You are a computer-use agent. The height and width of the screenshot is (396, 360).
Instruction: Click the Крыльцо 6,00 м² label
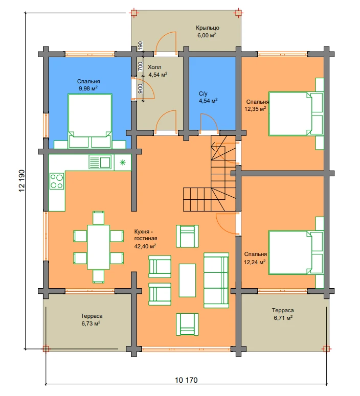[x=207, y=32]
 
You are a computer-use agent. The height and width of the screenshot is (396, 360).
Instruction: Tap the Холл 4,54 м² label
[x=157, y=71]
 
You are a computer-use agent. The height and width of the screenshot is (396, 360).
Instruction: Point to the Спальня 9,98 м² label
[x=88, y=85]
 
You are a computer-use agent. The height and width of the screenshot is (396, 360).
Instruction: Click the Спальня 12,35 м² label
[x=256, y=105]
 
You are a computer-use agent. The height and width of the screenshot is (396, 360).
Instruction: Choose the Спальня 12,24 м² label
[x=255, y=258]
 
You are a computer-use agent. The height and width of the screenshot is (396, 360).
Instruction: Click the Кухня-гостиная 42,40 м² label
[x=145, y=239]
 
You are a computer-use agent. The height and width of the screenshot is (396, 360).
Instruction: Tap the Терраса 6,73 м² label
[x=91, y=320]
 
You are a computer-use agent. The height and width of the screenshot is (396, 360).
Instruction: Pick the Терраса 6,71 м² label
[x=283, y=314]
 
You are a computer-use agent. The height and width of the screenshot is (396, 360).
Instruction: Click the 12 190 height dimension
[x=22, y=180]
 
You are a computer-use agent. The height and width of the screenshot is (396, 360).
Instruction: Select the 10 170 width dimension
[x=186, y=380]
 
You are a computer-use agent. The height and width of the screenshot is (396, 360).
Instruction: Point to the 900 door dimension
[x=141, y=88]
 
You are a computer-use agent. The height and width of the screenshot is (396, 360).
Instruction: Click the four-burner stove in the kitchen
[x=57, y=181]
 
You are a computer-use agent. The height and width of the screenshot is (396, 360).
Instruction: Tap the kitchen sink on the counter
[x=100, y=162]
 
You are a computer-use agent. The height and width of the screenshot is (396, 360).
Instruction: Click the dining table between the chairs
[x=98, y=247]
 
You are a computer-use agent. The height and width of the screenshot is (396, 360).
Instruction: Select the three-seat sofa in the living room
[x=216, y=280]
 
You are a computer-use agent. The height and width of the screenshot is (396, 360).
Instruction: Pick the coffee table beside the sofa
[x=187, y=281]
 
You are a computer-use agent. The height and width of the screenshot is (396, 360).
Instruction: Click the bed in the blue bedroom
[x=90, y=121]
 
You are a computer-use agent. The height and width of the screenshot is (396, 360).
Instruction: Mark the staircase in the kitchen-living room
[x=210, y=173]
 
